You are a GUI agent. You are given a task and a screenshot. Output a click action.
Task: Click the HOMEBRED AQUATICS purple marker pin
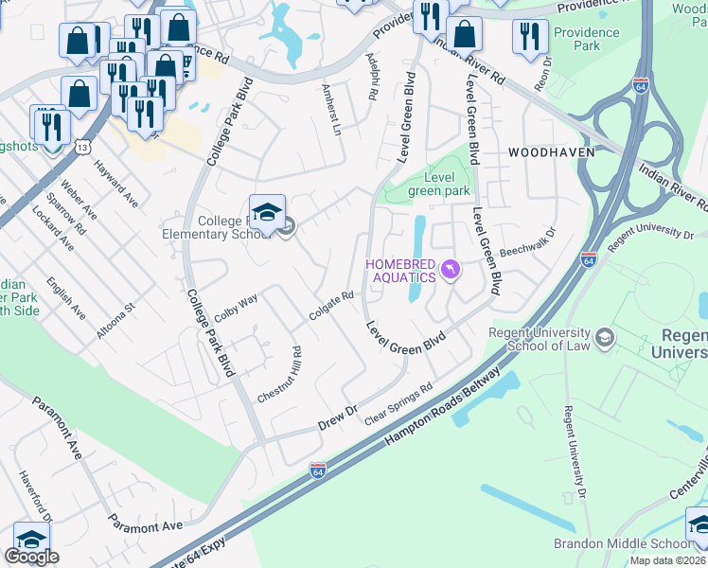[x=451, y=272]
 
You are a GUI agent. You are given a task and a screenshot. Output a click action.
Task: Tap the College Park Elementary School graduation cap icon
[x=267, y=212]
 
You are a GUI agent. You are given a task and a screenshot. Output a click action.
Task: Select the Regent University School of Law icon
[x=603, y=337]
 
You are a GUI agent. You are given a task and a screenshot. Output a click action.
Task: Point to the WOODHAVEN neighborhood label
[x=551, y=151]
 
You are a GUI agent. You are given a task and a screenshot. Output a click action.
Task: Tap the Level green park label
[x=439, y=184]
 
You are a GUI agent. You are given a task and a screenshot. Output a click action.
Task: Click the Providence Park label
[x=586, y=39]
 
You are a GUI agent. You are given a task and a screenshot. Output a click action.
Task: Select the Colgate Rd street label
[x=331, y=306]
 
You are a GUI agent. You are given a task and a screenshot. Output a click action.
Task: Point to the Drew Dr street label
[x=336, y=417]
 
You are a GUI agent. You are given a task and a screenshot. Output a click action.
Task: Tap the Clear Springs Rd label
[x=398, y=403]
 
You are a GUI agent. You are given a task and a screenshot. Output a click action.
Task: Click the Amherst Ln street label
[x=330, y=110]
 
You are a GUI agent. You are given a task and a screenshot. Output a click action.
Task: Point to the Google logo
[x=31, y=557]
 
